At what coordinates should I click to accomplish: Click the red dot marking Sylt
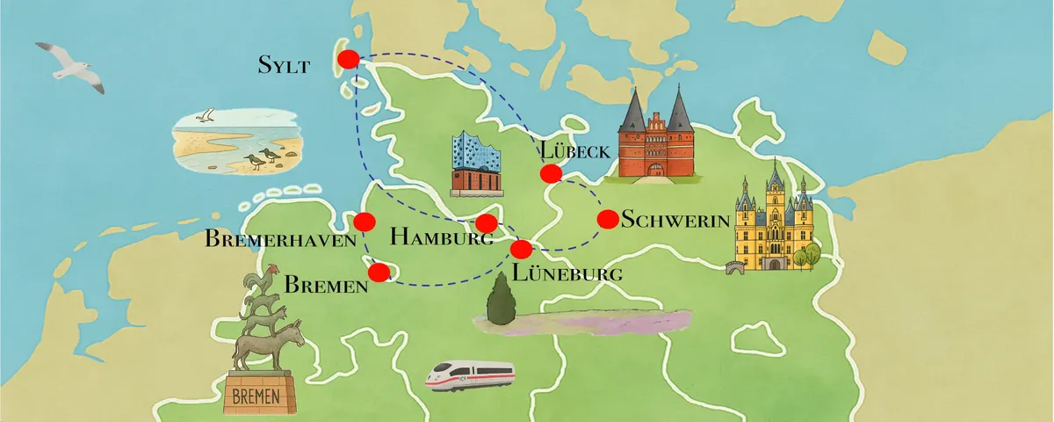coord(348,60)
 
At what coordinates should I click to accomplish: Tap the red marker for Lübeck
coord(551,174)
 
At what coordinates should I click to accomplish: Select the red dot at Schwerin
coord(607,219)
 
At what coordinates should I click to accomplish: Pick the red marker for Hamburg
coord(486,223)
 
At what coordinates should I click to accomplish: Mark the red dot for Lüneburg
coord(522,249)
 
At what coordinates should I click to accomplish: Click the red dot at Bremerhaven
coord(365,221)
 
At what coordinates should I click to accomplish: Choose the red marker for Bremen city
coord(379,273)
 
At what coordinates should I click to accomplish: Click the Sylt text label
coord(284,64)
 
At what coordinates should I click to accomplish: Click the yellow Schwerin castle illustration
coord(773,220)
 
